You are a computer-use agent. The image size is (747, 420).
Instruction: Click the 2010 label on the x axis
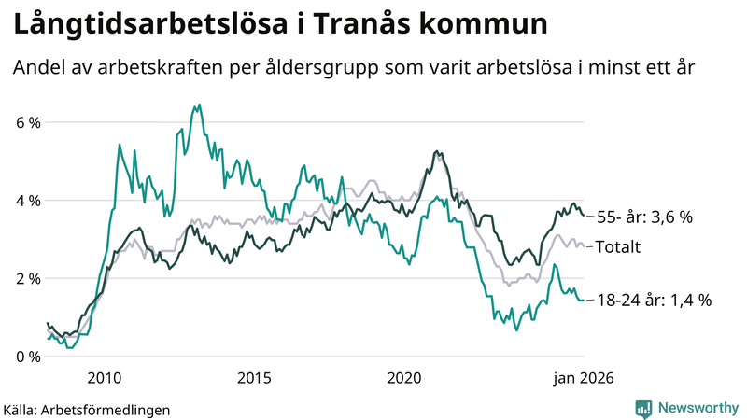(104, 378)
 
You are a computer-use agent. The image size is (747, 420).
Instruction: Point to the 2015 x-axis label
(254, 378)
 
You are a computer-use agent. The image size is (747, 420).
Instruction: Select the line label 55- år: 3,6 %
(645, 217)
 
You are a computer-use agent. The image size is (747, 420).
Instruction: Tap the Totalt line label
(619, 246)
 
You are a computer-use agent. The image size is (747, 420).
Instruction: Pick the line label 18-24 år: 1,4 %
(654, 301)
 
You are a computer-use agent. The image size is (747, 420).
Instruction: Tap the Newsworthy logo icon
(644, 408)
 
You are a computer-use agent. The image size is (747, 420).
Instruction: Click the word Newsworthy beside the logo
(698, 408)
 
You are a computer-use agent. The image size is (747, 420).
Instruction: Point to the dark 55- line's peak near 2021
(437, 151)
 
